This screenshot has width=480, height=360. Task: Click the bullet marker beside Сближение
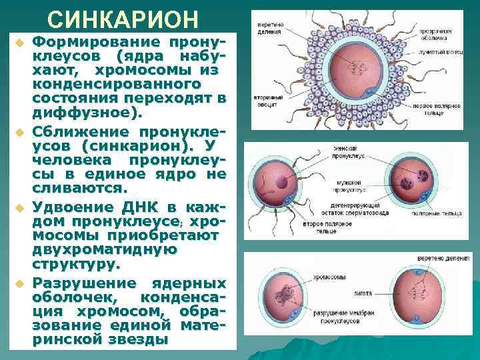pos(20,129)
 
